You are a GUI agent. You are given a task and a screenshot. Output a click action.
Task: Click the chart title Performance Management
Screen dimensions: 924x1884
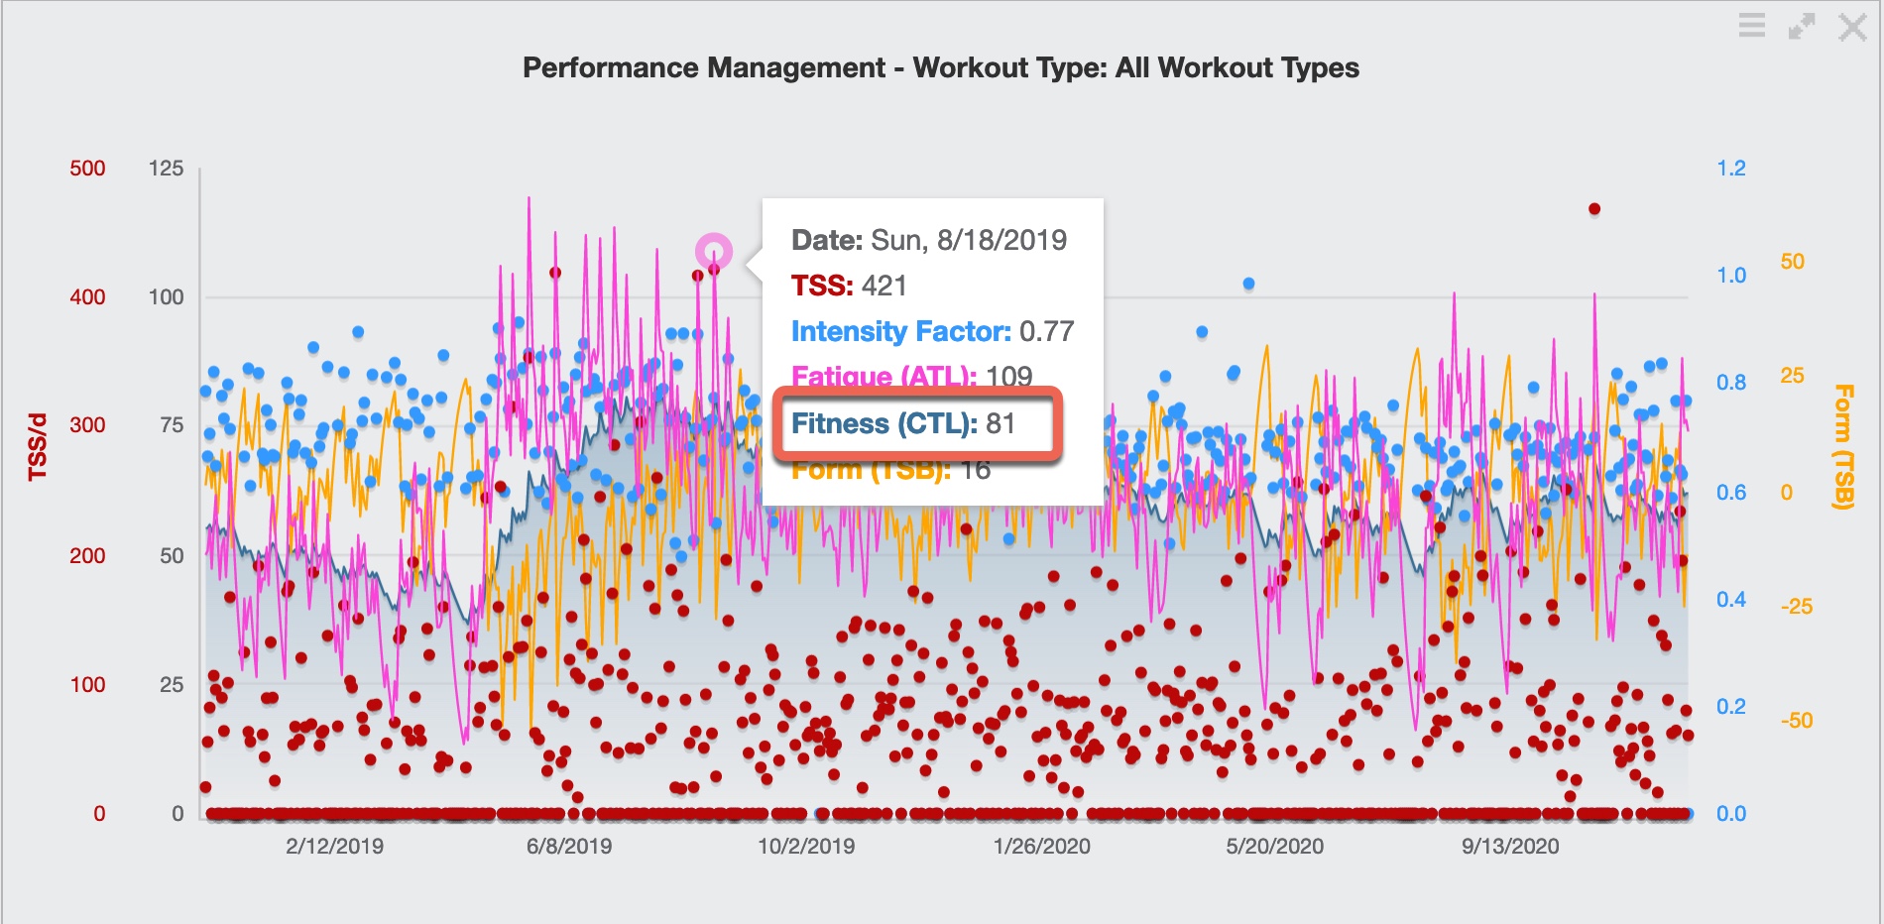(x=940, y=67)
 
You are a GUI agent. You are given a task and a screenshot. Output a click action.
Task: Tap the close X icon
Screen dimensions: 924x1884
(x=1851, y=27)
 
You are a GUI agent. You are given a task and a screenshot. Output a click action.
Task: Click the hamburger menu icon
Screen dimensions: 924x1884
(x=1752, y=26)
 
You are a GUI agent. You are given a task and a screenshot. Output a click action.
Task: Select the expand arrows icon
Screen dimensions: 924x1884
(x=1802, y=27)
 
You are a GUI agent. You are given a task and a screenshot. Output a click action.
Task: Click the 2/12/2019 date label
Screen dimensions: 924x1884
(x=334, y=847)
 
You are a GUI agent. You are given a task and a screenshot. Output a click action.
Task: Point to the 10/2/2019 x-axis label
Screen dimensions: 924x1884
(x=806, y=847)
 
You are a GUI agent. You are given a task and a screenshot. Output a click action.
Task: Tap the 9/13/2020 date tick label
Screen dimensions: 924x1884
(x=1510, y=847)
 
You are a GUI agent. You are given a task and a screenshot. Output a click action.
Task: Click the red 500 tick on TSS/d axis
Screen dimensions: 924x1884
(x=87, y=169)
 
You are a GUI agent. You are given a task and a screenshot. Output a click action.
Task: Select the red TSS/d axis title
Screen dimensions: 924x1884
(x=38, y=446)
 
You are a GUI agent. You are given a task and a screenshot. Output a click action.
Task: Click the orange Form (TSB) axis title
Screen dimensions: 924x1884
(x=1843, y=446)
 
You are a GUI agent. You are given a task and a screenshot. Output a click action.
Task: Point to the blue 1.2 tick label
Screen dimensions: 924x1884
(x=1731, y=169)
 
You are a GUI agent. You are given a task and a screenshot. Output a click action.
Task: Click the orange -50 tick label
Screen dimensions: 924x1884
(x=1796, y=721)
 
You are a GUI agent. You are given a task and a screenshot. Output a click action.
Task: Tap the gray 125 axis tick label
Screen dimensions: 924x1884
(x=166, y=169)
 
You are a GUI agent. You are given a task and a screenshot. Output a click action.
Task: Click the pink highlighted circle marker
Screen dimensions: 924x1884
(x=714, y=252)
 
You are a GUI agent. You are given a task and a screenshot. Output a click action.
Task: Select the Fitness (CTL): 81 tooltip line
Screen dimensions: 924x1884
(x=902, y=424)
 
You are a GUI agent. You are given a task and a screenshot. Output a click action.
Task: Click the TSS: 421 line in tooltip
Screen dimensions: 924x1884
(x=849, y=287)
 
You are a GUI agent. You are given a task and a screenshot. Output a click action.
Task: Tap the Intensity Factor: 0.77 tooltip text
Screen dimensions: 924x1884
(x=932, y=331)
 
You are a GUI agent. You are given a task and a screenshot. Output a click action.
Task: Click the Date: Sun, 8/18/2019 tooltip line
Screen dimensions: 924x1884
(x=928, y=240)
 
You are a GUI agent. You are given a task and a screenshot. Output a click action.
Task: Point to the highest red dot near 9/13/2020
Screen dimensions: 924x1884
(x=1594, y=209)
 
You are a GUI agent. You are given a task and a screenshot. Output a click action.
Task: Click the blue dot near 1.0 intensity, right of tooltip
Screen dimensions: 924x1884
(x=1248, y=284)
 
